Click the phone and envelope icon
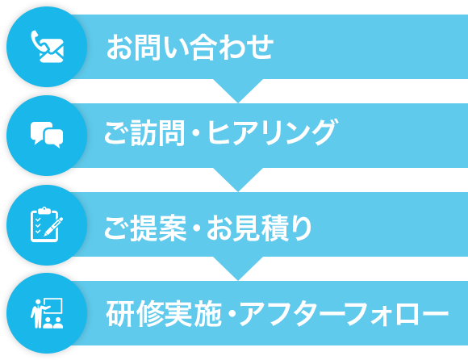47,47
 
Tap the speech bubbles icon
47,135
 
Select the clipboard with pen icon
47,224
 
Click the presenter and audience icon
47,313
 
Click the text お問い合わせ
190,47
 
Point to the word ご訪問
144,133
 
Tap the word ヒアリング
272,132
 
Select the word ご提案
145,228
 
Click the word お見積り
259,228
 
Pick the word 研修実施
164,313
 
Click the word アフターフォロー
344,314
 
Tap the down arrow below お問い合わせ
238,90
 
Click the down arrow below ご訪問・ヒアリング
238,180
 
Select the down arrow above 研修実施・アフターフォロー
238,268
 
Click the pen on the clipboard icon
54,227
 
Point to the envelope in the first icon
52,51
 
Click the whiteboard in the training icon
53,305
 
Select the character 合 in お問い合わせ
203,47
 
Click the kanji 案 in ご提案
173,228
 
